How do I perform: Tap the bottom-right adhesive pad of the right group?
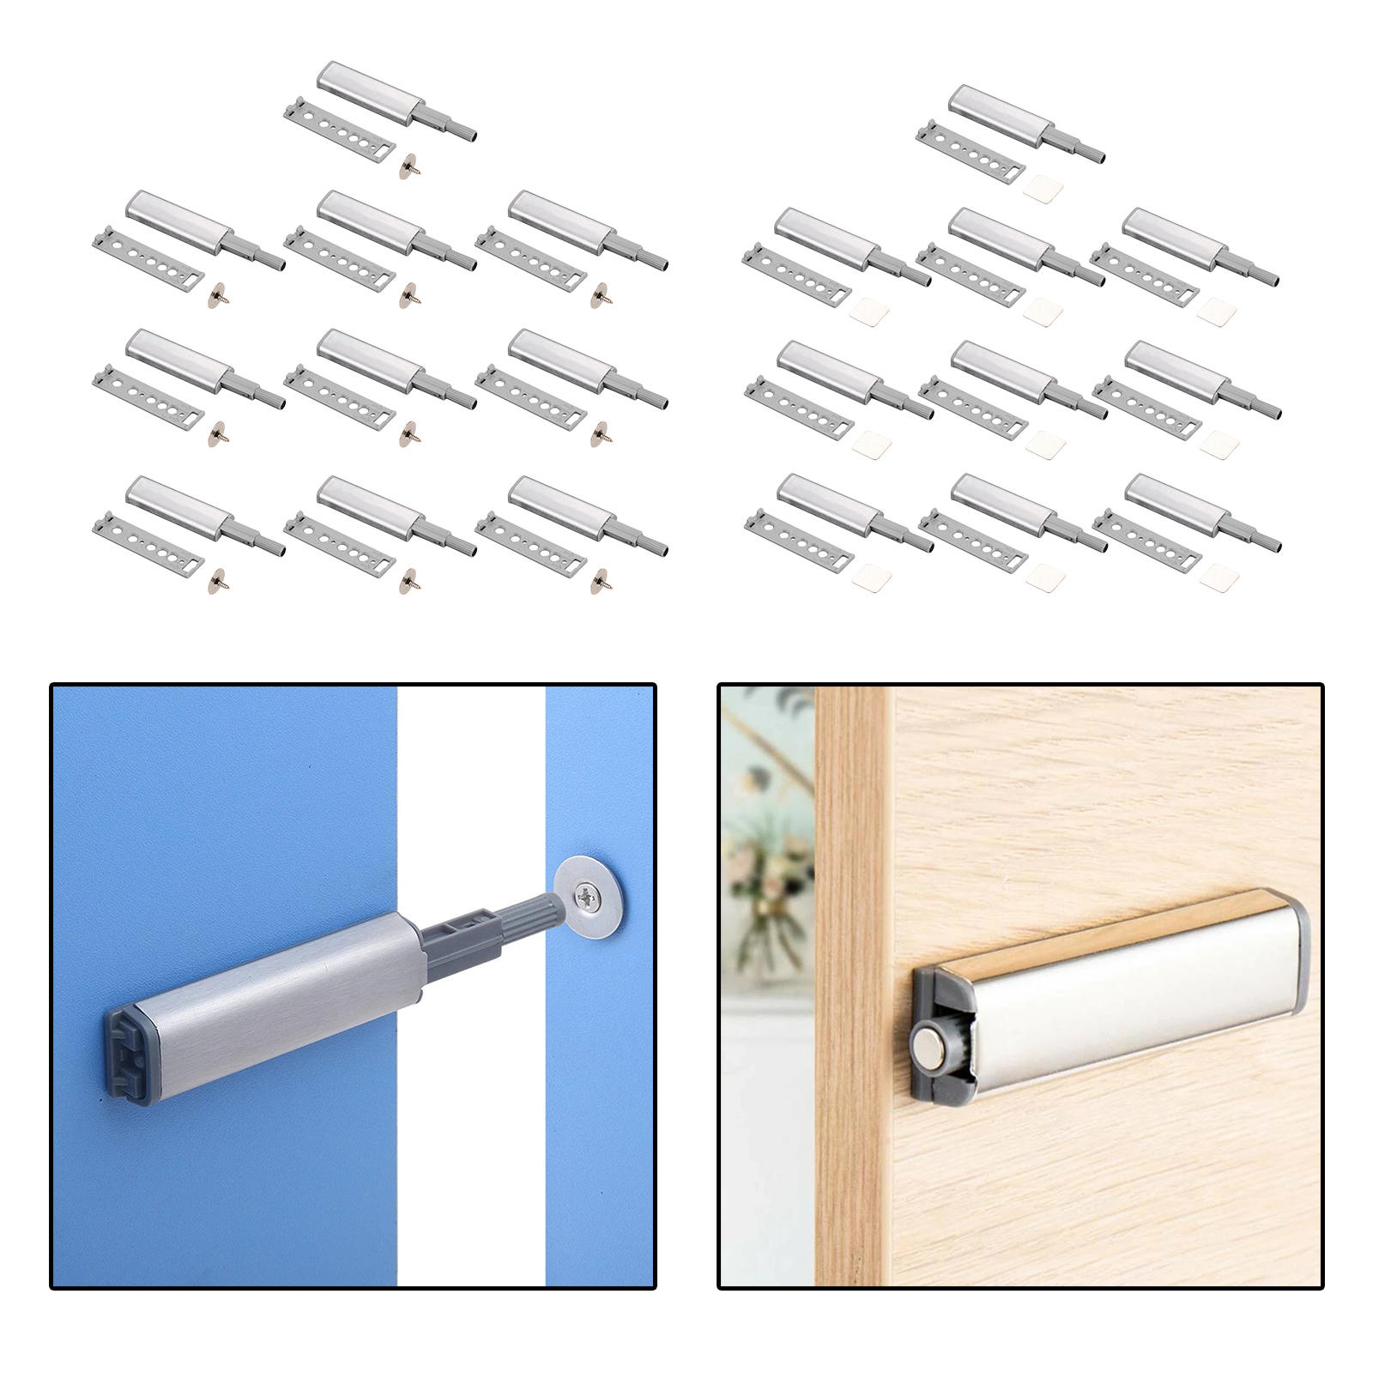pyautogui.click(x=1219, y=578)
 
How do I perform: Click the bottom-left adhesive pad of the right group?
pyautogui.click(x=870, y=580)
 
